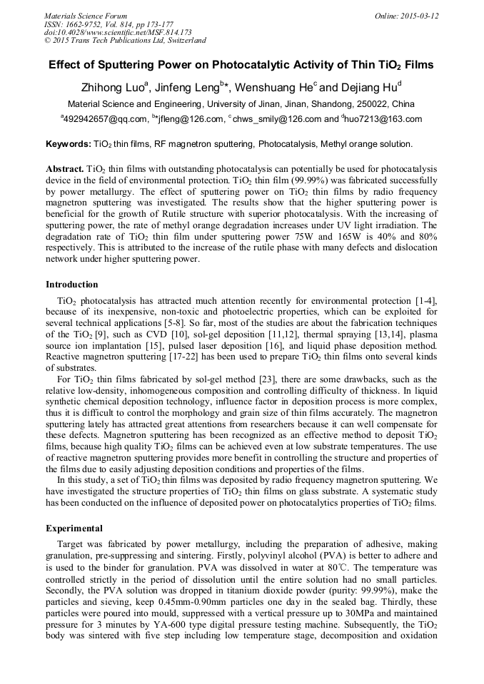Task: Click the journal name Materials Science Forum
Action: coord(86,16)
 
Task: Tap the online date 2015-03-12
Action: coord(418,16)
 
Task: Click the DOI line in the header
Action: coord(118,32)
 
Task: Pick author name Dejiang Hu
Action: coord(368,88)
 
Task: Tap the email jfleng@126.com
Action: coord(181,119)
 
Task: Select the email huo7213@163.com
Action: coord(385,119)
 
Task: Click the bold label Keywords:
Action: coord(69,144)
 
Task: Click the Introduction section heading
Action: coord(72,285)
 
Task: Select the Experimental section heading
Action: coord(74,529)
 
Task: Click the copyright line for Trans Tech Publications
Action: coord(125,40)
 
